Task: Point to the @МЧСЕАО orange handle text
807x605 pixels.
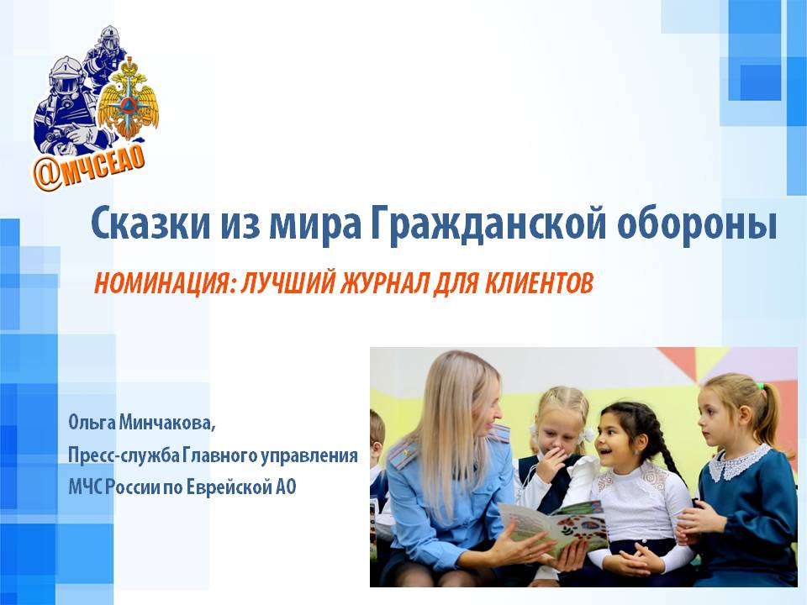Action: tap(89, 167)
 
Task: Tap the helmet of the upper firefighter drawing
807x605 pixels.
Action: tap(108, 36)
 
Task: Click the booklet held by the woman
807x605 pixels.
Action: tap(554, 527)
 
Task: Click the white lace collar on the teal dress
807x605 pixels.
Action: tap(739, 462)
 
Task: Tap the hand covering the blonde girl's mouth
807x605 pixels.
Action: tap(551, 464)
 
